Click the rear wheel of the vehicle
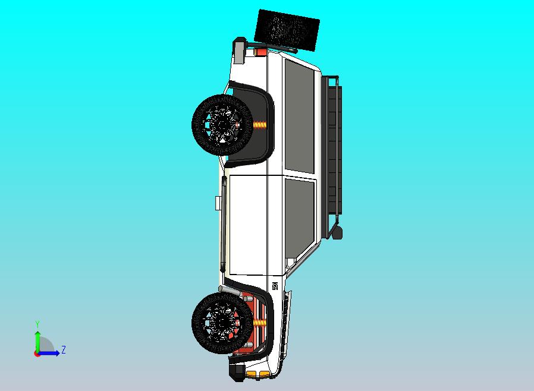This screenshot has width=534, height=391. click(x=222, y=124)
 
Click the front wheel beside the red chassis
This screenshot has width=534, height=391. click(x=222, y=323)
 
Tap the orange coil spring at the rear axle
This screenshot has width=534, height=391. click(x=260, y=125)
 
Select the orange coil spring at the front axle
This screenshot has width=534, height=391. click(x=260, y=323)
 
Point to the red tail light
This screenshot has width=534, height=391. click(x=260, y=52)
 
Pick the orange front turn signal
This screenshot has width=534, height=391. click(x=262, y=373)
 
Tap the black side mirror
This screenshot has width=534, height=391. click(x=337, y=232)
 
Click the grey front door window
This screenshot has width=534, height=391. click(x=299, y=211)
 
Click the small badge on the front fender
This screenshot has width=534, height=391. click(x=275, y=285)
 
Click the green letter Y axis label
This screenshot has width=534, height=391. click(x=37, y=324)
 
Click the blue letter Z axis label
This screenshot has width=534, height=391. click(x=64, y=350)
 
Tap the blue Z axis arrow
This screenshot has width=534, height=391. click(x=51, y=354)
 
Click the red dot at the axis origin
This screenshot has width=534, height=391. click(x=37, y=354)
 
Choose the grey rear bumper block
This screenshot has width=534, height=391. click(x=240, y=50)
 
